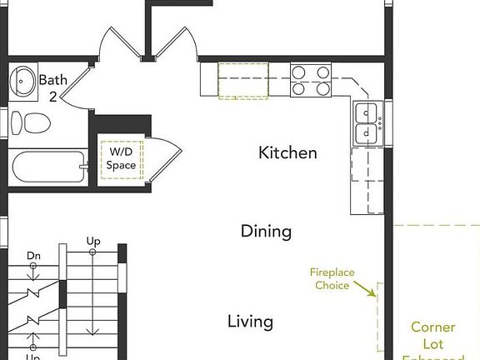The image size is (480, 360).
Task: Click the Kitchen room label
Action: coord(287,153)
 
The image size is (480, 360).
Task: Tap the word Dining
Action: coord(266,232)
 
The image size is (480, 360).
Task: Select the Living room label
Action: coord(251,322)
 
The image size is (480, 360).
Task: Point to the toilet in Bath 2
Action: coord(30,123)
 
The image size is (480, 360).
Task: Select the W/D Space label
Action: coord(121,159)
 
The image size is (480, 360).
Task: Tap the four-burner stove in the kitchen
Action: coord(310,80)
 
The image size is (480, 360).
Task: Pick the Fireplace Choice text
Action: coord(332,278)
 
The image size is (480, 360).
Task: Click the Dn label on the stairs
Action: coord(33,256)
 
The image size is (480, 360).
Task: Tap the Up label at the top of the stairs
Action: coord(93,242)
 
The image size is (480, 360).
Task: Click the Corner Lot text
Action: coord(432,335)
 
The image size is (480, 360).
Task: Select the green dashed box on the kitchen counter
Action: coord(242,80)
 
